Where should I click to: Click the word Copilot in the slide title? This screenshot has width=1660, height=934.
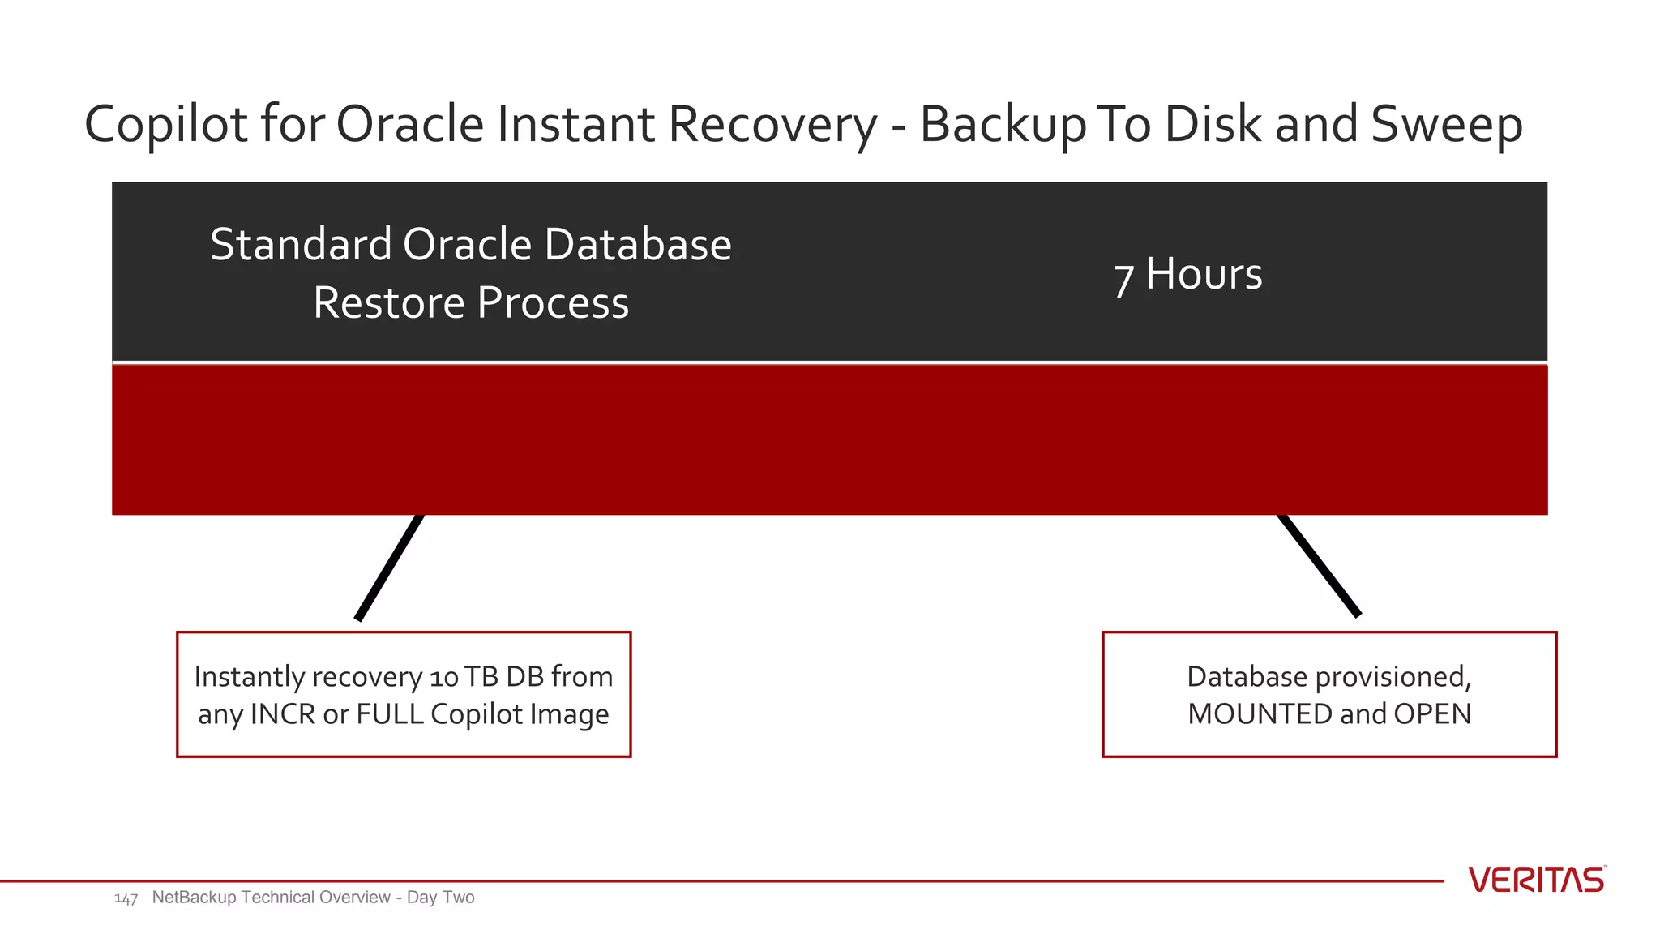[165, 125]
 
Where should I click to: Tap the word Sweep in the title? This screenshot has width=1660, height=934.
[1446, 125]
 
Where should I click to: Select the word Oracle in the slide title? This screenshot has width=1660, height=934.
[409, 125]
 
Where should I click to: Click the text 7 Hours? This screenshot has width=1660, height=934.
[1187, 275]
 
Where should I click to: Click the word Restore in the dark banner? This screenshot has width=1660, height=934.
[389, 303]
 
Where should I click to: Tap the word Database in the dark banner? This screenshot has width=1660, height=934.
[638, 244]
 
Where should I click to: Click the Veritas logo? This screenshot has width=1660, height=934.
[1536, 880]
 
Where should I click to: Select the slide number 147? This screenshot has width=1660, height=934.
[126, 898]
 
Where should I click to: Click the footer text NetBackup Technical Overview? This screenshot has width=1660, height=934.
[271, 898]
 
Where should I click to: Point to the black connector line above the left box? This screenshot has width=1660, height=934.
[390, 568]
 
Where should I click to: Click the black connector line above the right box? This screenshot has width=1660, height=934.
[1319, 565]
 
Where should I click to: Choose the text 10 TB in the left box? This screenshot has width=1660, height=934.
[464, 677]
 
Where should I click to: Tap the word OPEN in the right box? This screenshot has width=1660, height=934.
[1432, 714]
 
